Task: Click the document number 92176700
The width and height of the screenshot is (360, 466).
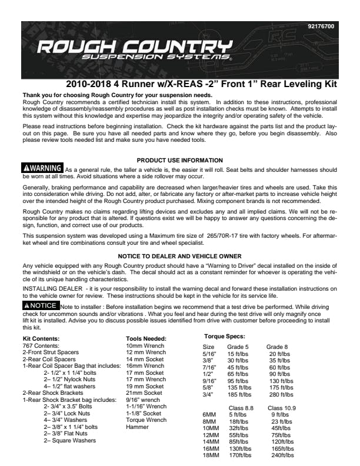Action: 321,27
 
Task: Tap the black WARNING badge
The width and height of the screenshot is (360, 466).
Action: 43,169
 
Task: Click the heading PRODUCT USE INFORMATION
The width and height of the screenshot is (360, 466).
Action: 179,160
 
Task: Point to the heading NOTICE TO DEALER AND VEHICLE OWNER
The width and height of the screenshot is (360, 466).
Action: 179,256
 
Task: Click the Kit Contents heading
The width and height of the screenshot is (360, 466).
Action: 41,339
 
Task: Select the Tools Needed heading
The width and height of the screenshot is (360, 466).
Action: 146,339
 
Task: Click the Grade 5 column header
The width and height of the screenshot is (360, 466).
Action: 238,347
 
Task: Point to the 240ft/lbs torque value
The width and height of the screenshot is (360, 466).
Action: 283,455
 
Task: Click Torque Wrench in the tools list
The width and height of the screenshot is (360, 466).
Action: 146,421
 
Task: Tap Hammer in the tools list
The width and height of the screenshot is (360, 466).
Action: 138,427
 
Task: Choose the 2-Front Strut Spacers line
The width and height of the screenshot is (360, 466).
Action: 50,352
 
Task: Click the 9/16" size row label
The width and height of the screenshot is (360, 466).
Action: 210,381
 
